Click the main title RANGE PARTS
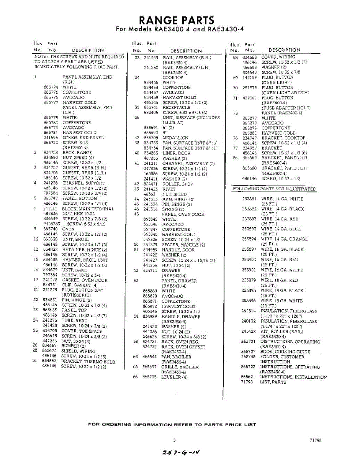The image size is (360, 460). [x=176, y=20]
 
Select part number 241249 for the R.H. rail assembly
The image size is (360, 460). [x=151, y=57]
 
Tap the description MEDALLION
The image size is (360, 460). [x=175, y=138]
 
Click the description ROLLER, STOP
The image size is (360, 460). [x=177, y=184]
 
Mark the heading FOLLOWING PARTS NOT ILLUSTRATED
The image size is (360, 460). [x=275, y=189]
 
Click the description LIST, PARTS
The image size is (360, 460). [x=273, y=382]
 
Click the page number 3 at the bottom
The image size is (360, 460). [x=174, y=440]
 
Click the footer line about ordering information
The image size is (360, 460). [x=172, y=424]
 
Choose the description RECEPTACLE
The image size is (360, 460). [x=176, y=108]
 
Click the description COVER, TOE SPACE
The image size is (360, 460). [x=82, y=331]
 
